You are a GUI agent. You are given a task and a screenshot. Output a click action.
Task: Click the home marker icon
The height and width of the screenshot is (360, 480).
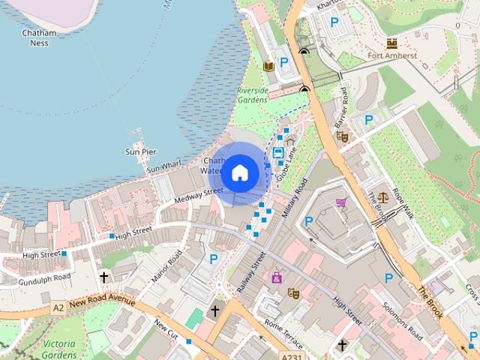click(239, 172)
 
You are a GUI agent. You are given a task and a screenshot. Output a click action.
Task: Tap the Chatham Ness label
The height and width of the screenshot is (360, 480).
click(35, 38)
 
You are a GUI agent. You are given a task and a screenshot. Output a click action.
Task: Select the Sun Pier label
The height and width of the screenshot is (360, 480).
click(140, 151)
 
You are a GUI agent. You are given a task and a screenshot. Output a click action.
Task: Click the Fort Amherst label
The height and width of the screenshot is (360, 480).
click(392, 55)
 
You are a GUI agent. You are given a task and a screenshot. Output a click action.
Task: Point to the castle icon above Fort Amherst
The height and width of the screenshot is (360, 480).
click(392, 43)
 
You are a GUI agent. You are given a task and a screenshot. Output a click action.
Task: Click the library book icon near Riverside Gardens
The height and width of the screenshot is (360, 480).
click(268, 67)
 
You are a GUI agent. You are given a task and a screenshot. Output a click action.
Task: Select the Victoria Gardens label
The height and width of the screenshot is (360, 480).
click(59, 349)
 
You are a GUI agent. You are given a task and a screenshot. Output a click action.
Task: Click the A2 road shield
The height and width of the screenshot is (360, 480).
click(58, 307)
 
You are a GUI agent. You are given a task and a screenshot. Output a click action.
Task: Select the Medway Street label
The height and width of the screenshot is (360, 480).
click(199, 196)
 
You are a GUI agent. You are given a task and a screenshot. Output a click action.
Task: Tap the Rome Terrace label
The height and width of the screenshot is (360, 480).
click(283, 334)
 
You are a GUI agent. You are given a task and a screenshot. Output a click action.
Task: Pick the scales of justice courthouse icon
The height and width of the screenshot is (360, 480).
click(385, 198)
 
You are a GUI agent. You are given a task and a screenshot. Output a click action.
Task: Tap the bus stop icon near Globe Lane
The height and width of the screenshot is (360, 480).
click(278, 153)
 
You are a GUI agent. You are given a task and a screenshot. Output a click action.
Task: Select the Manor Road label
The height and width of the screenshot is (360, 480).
click(166, 266)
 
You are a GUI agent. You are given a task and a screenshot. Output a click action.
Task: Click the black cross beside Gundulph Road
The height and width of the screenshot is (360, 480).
click(103, 277)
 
